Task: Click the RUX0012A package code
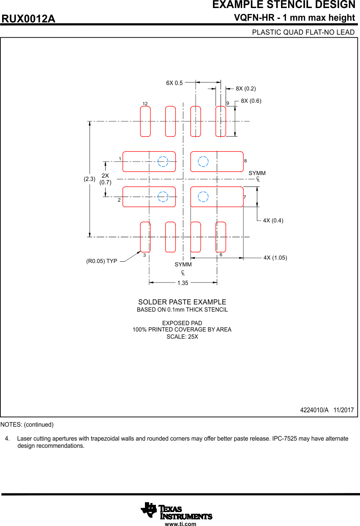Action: (29, 19)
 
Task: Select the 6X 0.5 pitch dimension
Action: (174, 83)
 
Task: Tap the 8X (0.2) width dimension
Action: (246, 88)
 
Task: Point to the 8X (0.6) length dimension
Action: (251, 101)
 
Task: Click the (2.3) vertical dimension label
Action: (89, 179)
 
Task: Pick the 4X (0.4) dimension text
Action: (273, 220)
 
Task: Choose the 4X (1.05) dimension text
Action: (275, 258)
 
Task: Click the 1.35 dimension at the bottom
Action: (183, 283)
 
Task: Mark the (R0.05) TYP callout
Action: (101, 261)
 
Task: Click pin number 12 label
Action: (145, 104)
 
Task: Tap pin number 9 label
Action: (227, 103)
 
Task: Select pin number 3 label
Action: (144, 255)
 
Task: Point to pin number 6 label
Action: (221, 255)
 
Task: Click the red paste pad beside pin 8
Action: (217, 162)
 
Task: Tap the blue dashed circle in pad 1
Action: (163, 162)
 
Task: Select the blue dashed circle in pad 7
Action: (203, 197)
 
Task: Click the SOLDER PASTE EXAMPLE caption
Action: (182, 302)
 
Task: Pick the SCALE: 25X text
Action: (182, 337)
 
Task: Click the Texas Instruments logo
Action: (177, 510)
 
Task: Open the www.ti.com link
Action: (180, 524)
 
